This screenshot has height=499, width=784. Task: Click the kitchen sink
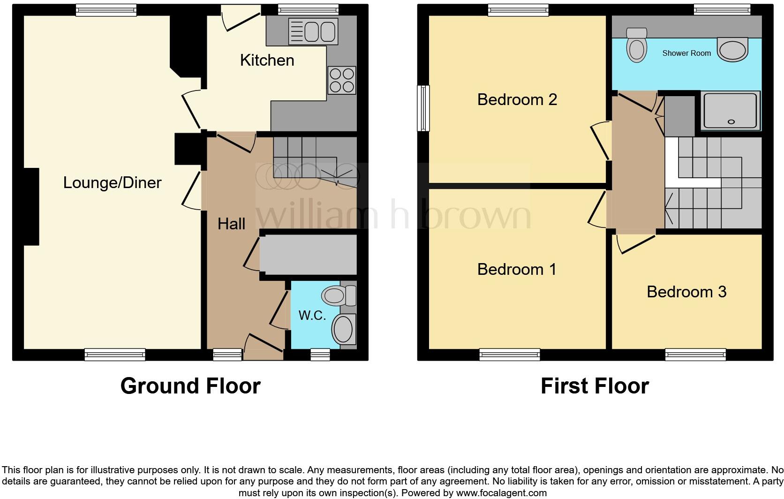(313, 31)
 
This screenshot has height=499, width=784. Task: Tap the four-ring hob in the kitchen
(342, 80)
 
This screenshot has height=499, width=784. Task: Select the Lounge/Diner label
(112, 182)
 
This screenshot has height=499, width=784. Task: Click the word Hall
(231, 224)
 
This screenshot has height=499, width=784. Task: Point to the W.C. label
(312, 315)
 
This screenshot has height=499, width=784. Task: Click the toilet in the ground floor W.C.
(338, 296)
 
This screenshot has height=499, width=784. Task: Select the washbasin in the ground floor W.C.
(344, 329)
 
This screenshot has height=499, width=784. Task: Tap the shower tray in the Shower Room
(730, 111)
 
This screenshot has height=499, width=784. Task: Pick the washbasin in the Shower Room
(733, 50)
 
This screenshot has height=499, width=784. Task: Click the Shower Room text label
(686, 53)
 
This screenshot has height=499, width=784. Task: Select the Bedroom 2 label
(517, 99)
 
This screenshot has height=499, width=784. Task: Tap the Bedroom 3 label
(686, 292)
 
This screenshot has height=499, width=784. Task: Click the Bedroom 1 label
(516, 269)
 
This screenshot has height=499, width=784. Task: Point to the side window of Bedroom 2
(423, 108)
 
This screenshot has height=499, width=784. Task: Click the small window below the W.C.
(320, 355)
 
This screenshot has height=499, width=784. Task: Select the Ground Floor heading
(190, 386)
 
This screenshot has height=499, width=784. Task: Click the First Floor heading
(594, 386)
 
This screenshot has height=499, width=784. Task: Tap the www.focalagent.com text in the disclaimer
(501, 493)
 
